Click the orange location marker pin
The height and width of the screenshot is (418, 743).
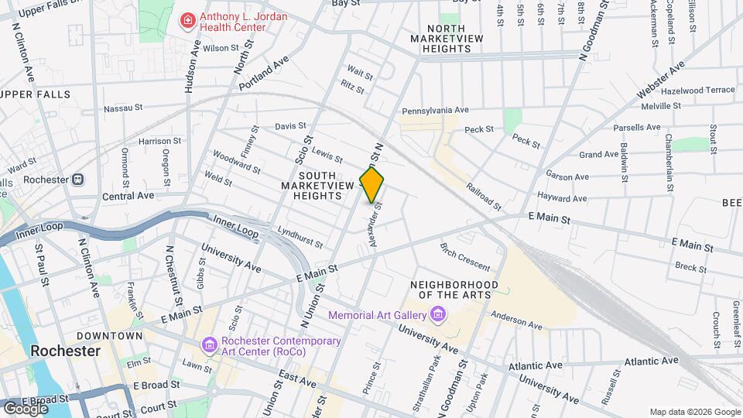372,184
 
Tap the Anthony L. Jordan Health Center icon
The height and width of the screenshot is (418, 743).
187,21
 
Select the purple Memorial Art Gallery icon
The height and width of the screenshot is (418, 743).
438,314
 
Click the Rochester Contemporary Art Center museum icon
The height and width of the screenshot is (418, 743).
209,344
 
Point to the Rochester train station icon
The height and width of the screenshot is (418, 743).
77,179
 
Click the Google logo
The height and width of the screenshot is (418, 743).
26,407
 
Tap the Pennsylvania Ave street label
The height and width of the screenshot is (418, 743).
435,111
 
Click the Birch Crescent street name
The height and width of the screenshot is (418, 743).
464,257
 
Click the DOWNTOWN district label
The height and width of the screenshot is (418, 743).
109,336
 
